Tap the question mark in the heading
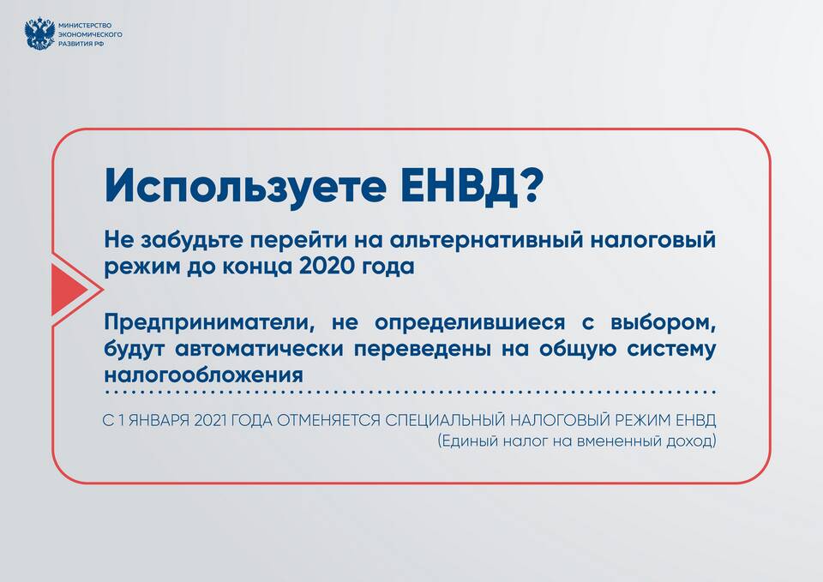click(528, 185)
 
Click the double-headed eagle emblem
click(40, 33)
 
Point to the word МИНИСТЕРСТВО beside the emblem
click(85, 25)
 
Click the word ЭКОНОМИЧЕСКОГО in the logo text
click(90, 34)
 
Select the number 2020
click(327, 266)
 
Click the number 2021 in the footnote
click(210, 420)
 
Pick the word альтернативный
click(487, 240)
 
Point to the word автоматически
click(259, 349)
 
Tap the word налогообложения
click(204, 375)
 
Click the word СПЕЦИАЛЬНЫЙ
click(445, 420)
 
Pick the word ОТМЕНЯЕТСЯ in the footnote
click(328, 420)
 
